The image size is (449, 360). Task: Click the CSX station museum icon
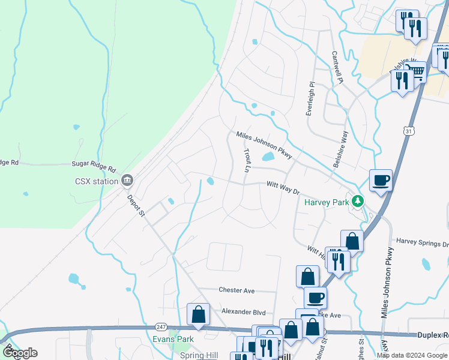click(127, 180)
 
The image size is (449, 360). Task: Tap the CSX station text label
click(96, 180)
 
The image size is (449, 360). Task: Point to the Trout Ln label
click(247, 161)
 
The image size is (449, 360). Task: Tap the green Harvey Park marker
click(358, 201)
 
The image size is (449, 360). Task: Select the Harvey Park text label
click(327, 202)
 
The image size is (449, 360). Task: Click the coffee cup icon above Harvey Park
click(381, 180)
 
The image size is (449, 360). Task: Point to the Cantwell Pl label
click(337, 67)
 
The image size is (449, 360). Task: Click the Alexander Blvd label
click(243, 312)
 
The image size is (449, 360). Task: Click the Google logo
click(20, 353)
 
